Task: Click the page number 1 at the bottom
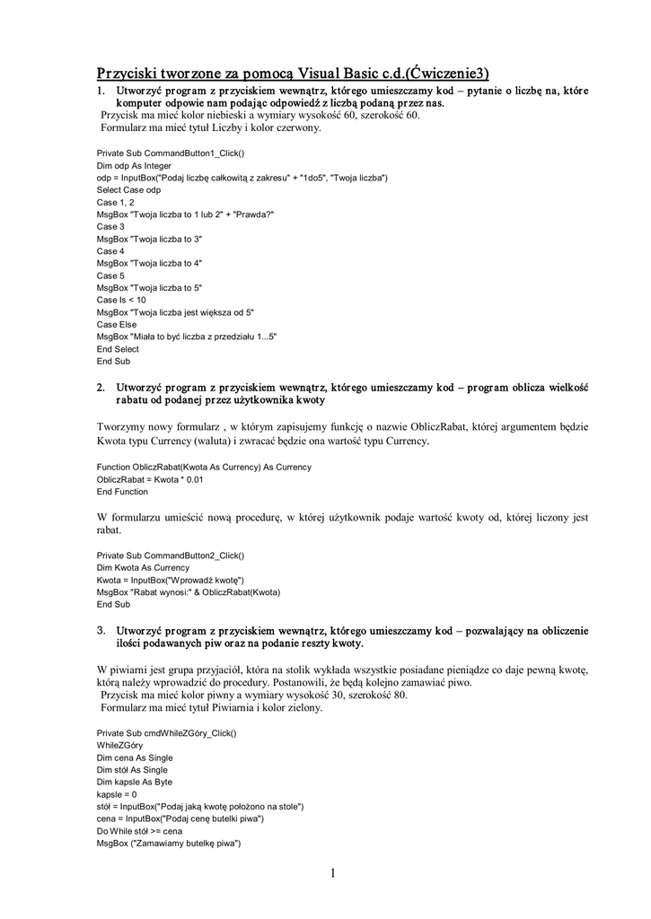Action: tap(332, 873)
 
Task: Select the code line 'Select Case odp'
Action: tap(128, 190)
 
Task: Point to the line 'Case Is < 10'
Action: tap(121, 300)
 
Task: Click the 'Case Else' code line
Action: tap(117, 324)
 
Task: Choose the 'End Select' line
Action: tap(118, 348)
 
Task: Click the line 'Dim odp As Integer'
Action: tap(134, 166)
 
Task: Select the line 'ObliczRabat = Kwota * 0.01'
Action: tap(150, 479)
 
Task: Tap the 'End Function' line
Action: tap(122, 492)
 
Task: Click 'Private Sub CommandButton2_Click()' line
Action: tap(170, 556)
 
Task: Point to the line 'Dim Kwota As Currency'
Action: tap(143, 567)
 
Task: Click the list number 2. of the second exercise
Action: tap(101, 387)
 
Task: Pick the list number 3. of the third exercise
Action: tap(101, 632)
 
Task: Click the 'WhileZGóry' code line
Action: tap(119, 746)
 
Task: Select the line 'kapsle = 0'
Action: tap(117, 794)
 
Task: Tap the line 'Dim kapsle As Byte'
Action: tap(134, 782)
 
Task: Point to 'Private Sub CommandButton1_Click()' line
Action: tap(170, 153)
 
